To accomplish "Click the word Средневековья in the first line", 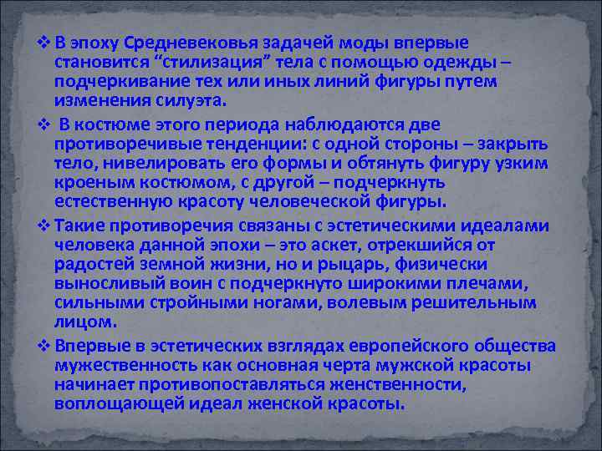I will [176, 43].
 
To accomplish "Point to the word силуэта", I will [189, 100].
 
